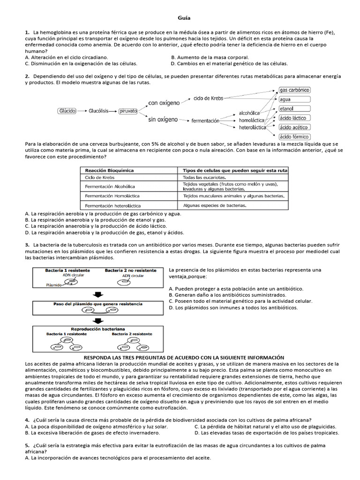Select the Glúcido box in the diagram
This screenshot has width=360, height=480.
tap(67, 111)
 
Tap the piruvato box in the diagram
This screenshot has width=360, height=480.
tap(128, 111)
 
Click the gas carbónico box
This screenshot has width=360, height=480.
tap(294, 90)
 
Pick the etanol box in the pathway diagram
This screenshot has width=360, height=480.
tap(286, 108)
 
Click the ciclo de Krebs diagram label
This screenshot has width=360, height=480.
tap(208, 98)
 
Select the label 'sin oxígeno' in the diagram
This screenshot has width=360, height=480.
tap(163, 120)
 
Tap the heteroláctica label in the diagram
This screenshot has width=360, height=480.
tap(252, 127)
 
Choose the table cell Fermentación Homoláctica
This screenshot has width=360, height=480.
tap(112, 196)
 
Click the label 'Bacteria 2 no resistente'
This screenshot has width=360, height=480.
tap(131, 270)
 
